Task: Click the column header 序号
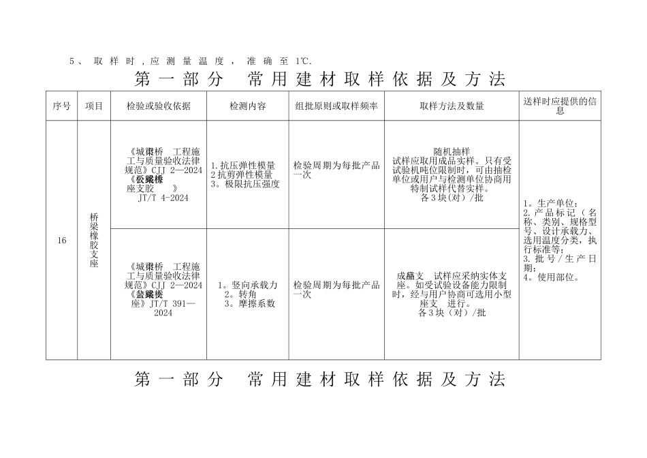[x=61, y=106]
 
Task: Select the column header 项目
[x=94, y=106]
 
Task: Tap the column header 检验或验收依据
[x=159, y=106]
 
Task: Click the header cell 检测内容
[x=247, y=106]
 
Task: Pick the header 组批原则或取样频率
[x=336, y=106]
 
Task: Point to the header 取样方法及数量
[x=452, y=106]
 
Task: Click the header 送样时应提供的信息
[x=560, y=106]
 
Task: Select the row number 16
[x=62, y=241]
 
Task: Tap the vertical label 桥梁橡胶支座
[x=94, y=240]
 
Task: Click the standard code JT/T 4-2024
[x=163, y=198]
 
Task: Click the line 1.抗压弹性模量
[x=243, y=166]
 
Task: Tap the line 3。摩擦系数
[x=250, y=303]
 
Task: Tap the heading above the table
[x=320, y=80]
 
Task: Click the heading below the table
[x=320, y=380]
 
